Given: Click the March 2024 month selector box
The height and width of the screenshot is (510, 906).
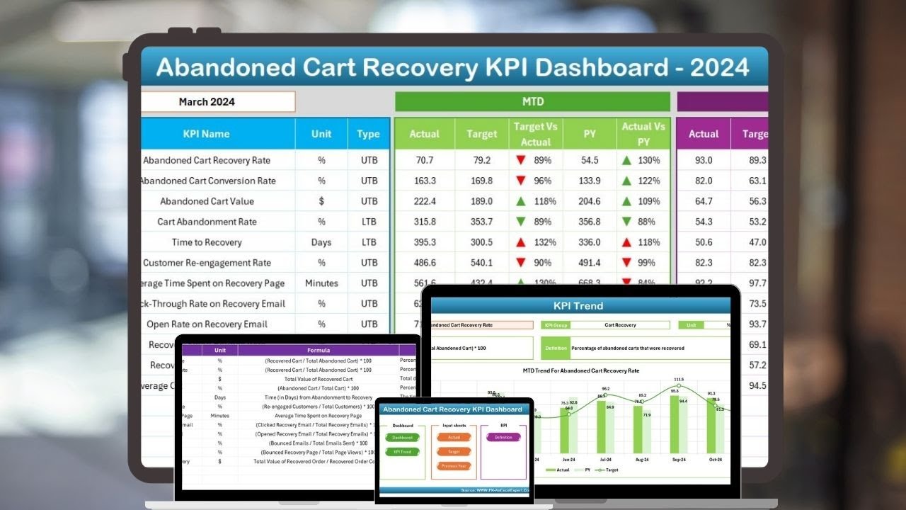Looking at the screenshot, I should pos(217,101).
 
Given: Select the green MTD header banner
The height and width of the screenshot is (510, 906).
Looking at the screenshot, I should pos(532,101).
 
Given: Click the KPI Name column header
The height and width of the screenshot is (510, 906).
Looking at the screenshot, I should pos(206,134).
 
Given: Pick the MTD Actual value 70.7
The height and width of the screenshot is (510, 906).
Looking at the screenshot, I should pos(425,160).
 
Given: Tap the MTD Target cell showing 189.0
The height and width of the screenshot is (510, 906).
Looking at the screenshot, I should pos(481,201).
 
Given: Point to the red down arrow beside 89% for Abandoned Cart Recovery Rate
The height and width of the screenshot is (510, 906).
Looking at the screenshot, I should pos(521,160).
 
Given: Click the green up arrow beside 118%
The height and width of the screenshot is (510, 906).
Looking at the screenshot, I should pos(521,201).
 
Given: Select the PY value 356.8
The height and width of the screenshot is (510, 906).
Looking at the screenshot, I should pos(589,222).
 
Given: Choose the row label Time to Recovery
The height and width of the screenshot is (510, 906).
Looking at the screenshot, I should pos(206,242).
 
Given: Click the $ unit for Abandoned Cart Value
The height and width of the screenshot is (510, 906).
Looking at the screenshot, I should pos(321,201).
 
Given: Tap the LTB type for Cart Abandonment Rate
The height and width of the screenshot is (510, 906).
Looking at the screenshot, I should pos(369,222).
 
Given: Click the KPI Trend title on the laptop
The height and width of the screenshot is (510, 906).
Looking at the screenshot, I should pos(578,306).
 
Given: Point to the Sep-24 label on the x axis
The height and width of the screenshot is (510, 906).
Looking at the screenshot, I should pos(679,459).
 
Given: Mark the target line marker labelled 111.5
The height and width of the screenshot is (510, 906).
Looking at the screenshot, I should pos(679,385).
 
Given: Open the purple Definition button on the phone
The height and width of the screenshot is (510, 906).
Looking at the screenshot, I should pos(503,437).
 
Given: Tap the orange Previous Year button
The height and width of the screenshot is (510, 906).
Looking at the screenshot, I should pos(453,466).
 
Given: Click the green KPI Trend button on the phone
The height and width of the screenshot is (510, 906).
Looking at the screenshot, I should pos(403,451).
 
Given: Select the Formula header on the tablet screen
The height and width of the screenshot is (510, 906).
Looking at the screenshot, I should pos(318,350).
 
